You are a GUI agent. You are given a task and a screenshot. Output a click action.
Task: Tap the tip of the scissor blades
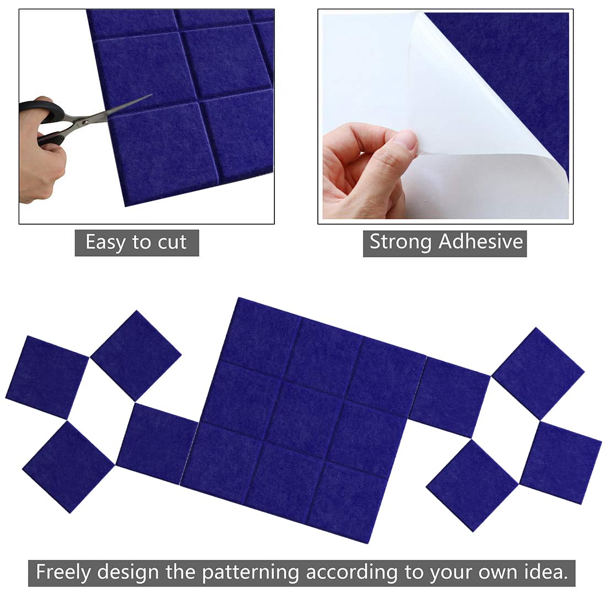150,95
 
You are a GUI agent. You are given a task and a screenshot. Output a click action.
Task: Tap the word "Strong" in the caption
401,242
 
